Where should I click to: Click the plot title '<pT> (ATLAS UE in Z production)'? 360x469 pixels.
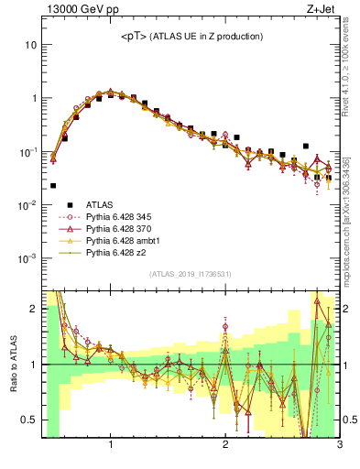pos(191,36)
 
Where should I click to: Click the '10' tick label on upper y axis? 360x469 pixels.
pos(29,45)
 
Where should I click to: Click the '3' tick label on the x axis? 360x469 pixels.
pos(339,445)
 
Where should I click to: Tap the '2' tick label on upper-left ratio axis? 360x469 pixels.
pos(33,309)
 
